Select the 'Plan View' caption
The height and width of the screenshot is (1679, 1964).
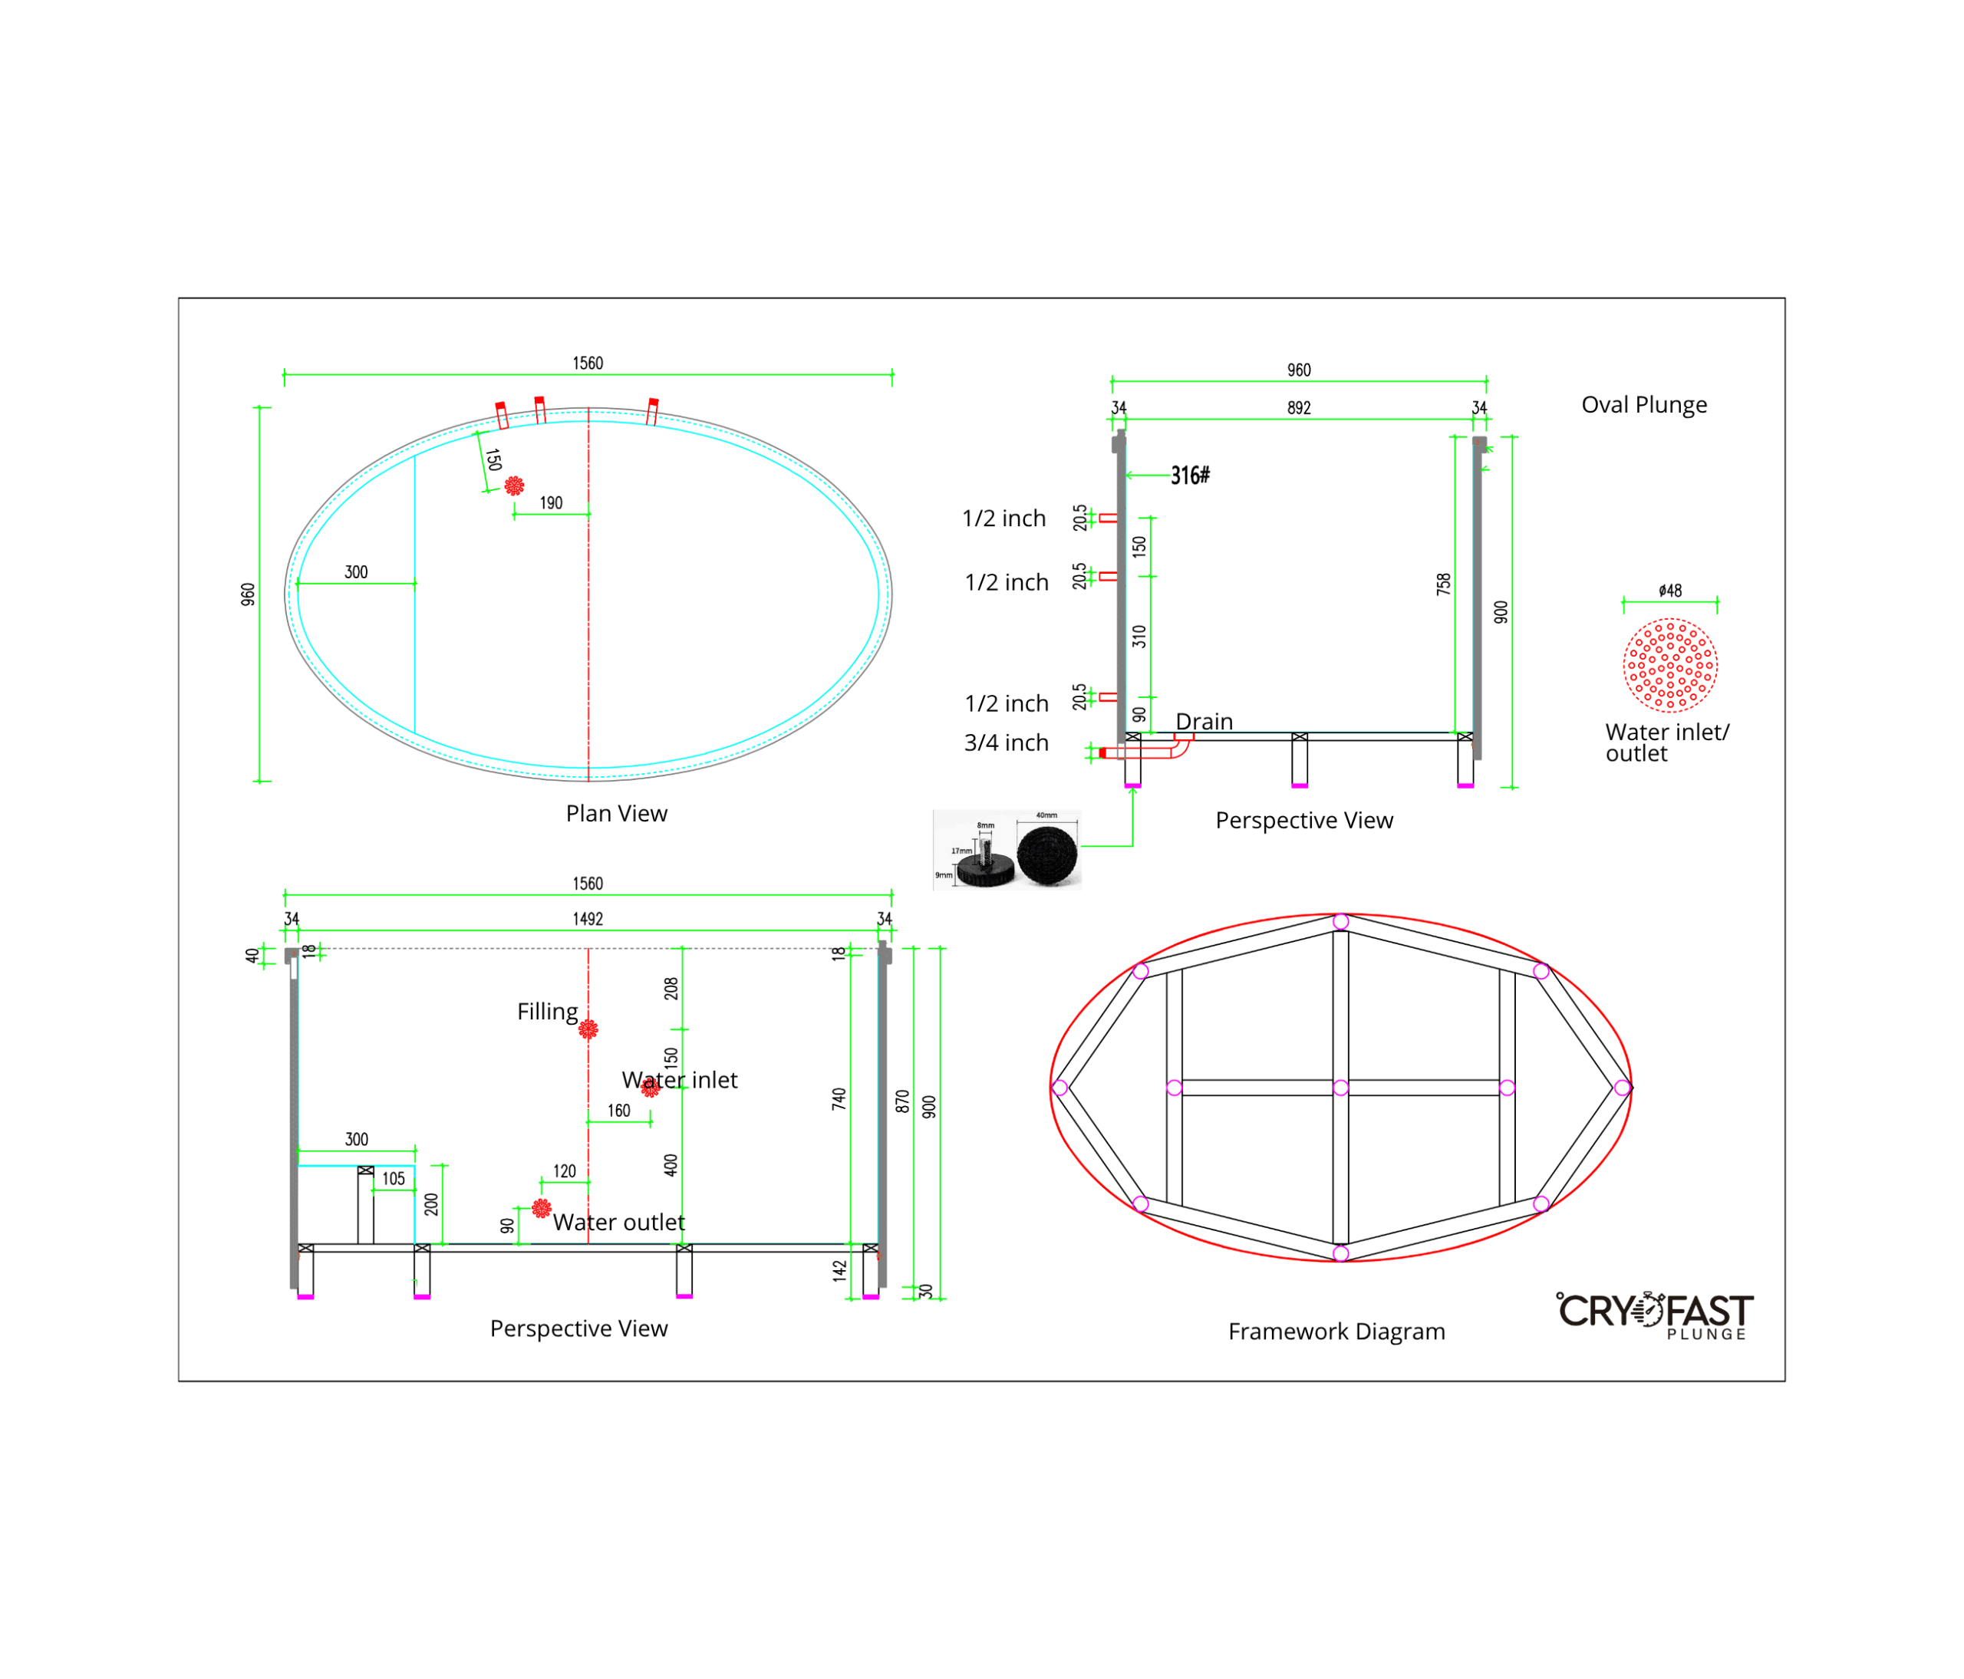pyautogui.click(x=616, y=813)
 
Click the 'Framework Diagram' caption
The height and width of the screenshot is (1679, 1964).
pyautogui.click(x=1336, y=1332)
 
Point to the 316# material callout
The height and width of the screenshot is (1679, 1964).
pyautogui.click(x=1190, y=475)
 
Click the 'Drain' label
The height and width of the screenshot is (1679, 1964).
pyautogui.click(x=1204, y=721)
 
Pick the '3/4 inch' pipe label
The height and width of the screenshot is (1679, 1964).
pyautogui.click(x=1006, y=742)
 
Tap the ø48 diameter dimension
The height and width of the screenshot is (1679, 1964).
pyautogui.click(x=1670, y=591)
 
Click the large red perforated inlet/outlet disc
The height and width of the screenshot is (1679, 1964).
pyautogui.click(x=1670, y=665)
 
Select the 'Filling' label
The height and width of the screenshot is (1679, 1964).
pyautogui.click(x=547, y=1011)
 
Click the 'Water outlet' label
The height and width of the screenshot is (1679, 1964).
pyautogui.click(x=618, y=1223)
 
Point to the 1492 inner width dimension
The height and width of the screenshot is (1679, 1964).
pyautogui.click(x=588, y=918)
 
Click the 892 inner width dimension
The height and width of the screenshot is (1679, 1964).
pyautogui.click(x=1299, y=407)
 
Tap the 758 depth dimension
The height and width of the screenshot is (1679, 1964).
pyautogui.click(x=1442, y=584)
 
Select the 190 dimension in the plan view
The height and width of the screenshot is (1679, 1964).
pyautogui.click(x=551, y=502)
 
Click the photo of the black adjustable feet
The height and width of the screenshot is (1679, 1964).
pyautogui.click(x=1007, y=849)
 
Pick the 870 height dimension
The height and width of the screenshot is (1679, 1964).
pyautogui.click(x=902, y=1100)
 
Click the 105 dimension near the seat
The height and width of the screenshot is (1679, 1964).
pyautogui.click(x=394, y=1179)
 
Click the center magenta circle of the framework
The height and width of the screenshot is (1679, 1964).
pyautogui.click(x=1340, y=1088)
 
